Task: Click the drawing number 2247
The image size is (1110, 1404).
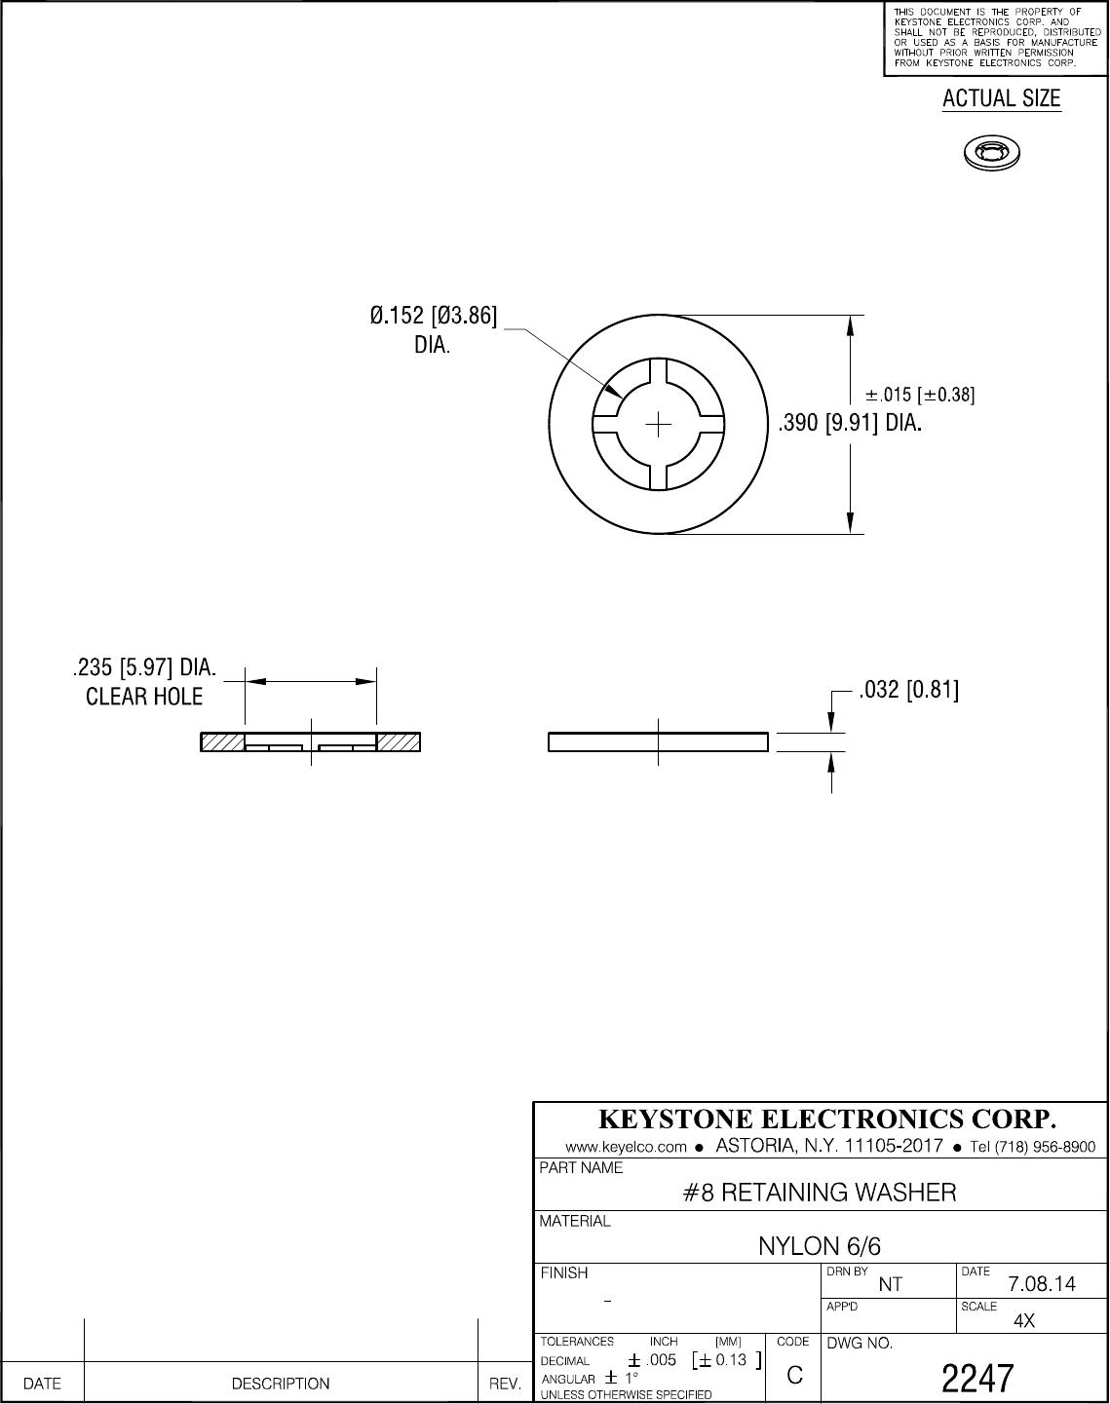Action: pos(978,1378)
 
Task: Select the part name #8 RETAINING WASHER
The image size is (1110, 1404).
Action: pos(819,1192)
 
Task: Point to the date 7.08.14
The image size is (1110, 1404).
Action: pos(1042,1284)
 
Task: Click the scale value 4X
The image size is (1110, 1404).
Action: pos(1024,1321)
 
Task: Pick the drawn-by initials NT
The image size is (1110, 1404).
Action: pos(890,1284)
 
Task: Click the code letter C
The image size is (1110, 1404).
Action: pos(794,1376)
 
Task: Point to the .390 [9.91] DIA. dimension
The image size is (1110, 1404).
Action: pos(848,425)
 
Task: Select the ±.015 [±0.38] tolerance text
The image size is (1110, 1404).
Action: pos(920,395)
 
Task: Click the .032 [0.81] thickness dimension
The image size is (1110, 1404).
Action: pos(908,692)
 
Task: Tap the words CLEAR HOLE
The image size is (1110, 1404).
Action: pos(144,697)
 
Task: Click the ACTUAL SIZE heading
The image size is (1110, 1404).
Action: pos(1001,99)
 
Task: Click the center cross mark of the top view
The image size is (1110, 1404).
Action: pos(660,424)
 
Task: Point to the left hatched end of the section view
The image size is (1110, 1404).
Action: pos(222,742)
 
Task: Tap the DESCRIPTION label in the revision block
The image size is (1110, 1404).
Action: pos(281,1384)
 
